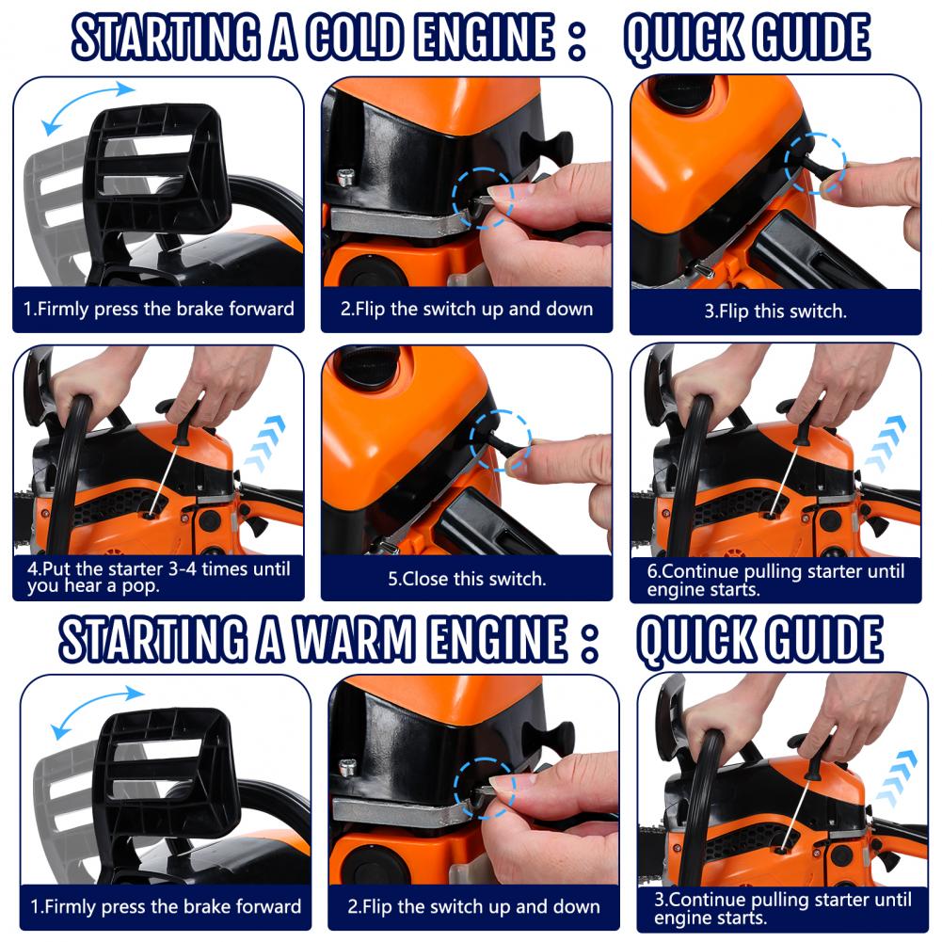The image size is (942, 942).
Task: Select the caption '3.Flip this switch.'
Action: (775, 311)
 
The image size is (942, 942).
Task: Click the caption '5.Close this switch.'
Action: (467, 579)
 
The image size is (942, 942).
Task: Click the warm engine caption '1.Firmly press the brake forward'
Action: (166, 907)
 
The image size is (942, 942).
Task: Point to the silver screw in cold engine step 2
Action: (347, 175)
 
